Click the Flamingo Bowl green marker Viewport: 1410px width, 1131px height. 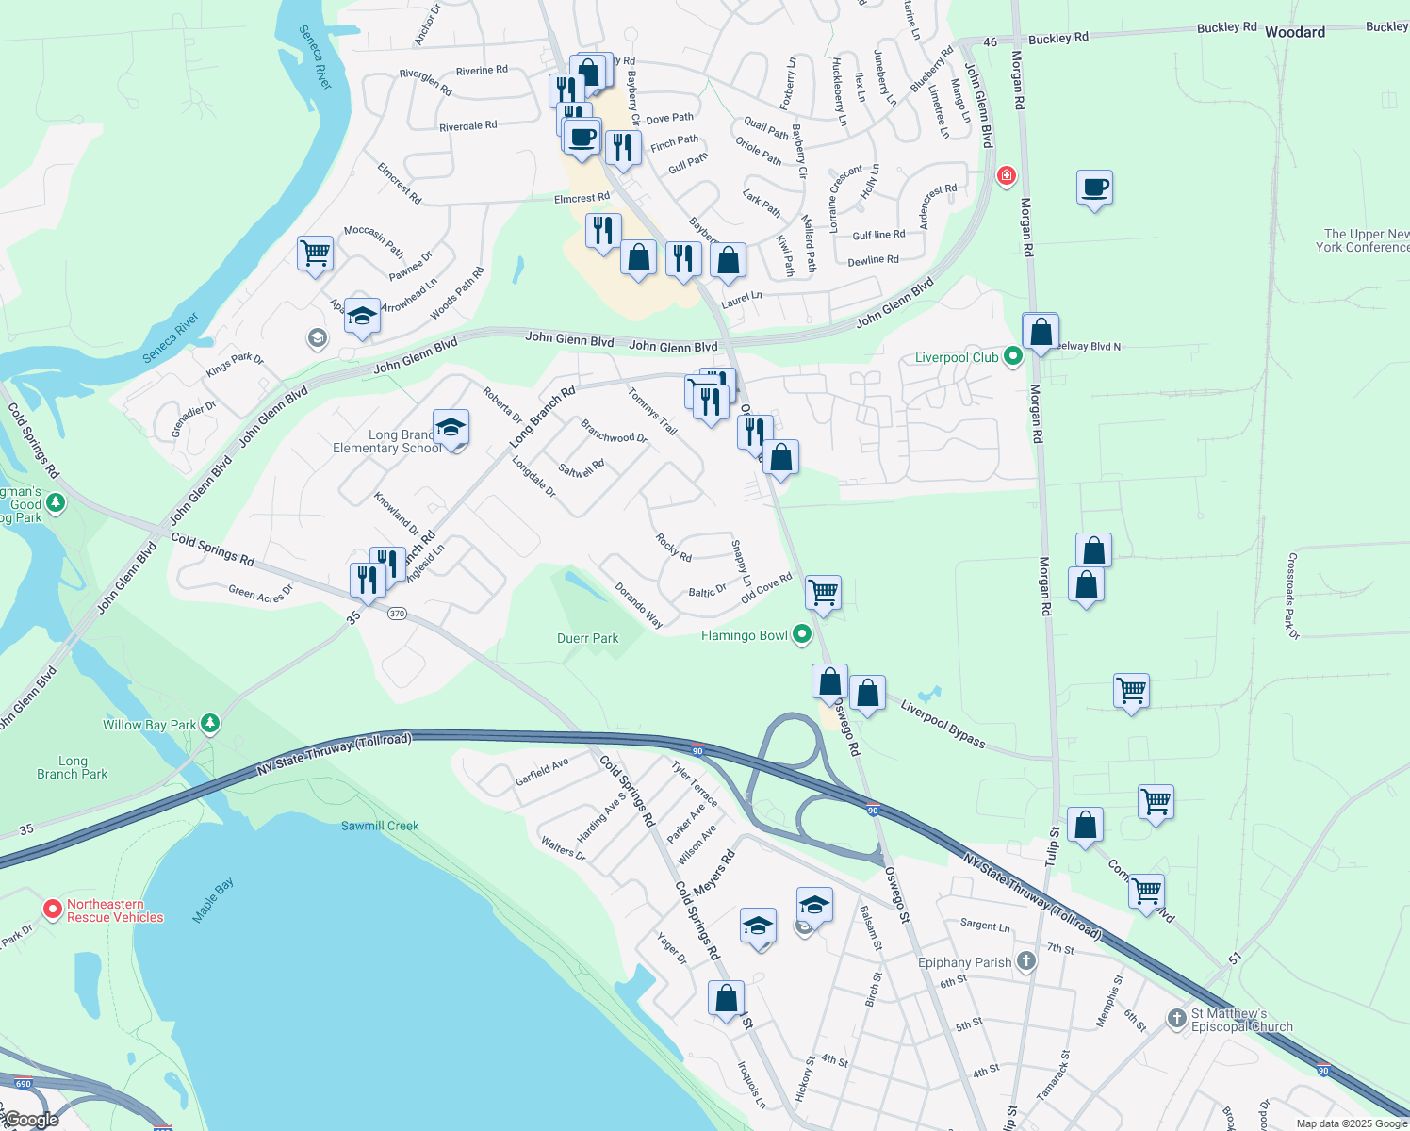(x=802, y=634)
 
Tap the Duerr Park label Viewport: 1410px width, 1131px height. (x=587, y=638)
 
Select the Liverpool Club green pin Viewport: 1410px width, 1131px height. (x=1013, y=356)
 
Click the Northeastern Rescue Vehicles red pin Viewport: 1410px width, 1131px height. (x=53, y=910)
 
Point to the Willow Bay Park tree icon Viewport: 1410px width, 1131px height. (x=210, y=724)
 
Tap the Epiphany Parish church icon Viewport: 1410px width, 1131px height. (x=1026, y=961)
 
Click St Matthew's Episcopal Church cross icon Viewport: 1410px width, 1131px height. (x=1176, y=1018)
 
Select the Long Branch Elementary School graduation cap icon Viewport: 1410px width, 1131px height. (x=451, y=429)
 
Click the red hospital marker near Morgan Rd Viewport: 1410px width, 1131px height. (x=1007, y=175)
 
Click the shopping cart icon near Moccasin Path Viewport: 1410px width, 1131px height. (x=315, y=253)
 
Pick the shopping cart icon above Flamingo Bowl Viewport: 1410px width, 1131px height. (x=823, y=593)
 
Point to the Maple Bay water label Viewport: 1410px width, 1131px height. (x=212, y=900)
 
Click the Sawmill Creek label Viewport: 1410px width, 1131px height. (x=380, y=826)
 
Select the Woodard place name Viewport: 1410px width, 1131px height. (x=1295, y=32)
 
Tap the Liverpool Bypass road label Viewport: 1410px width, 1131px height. (x=943, y=724)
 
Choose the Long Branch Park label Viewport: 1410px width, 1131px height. (x=73, y=767)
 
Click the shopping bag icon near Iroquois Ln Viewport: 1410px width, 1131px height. (x=726, y=998)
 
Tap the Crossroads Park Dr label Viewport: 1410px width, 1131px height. (x=1292, y=596)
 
